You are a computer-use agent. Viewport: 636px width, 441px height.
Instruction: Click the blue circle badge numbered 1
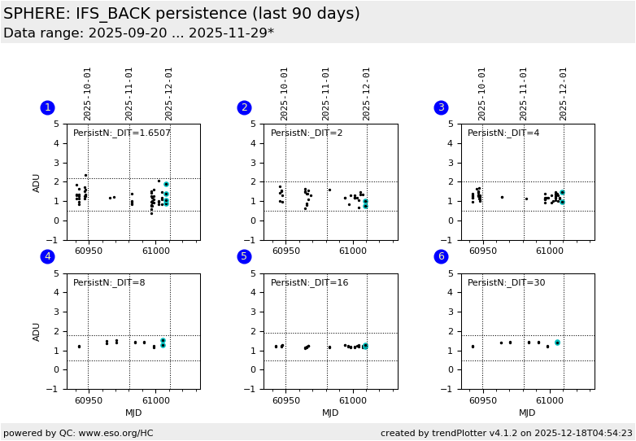coord(47,107)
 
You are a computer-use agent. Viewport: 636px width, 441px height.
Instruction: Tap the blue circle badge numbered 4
coord(47,257)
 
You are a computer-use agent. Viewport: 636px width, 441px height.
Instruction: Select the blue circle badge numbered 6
coord(441,257)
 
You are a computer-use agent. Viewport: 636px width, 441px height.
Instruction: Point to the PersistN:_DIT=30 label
coord(506,283)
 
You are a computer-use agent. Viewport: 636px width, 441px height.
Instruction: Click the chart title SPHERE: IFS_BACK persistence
coord(181,14)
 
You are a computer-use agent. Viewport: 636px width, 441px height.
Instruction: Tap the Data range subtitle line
coord(138,33)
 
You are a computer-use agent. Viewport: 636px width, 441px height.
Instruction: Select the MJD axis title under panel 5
coord(330,413)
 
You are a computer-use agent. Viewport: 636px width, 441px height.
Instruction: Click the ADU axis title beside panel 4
coord(37,331)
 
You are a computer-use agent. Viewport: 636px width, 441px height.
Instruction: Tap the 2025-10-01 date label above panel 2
coord(285,93)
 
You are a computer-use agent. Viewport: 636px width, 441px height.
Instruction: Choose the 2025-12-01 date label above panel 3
coord(564,93)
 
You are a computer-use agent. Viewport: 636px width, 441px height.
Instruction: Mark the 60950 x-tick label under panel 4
coord(89,400)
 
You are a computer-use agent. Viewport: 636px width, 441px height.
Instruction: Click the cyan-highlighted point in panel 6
coord(557,343)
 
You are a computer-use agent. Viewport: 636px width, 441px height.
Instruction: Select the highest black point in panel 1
coord(85,175)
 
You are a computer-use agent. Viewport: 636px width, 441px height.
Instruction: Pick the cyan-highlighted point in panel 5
coord(365,346)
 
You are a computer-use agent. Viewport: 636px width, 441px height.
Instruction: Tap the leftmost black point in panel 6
coord(473,347)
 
